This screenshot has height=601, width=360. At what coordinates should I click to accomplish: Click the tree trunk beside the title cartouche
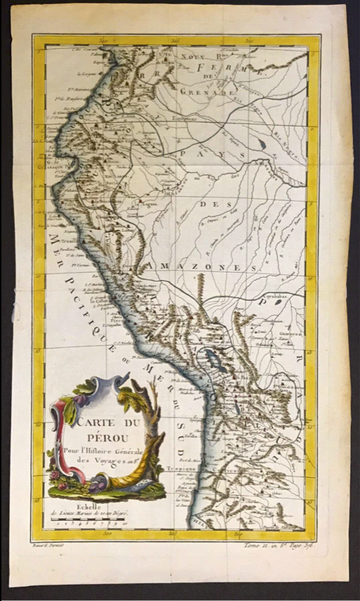[x=152, y=450]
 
